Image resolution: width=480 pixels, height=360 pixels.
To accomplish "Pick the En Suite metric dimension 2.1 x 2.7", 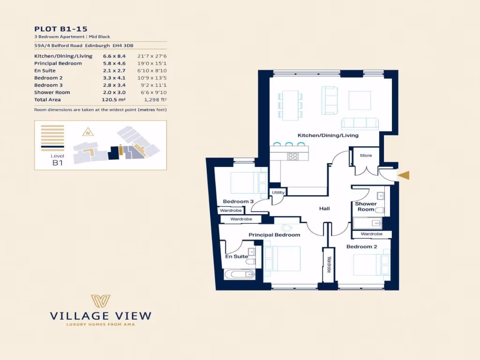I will click(114, 71).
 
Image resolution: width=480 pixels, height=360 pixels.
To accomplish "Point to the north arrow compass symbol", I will click(88, 132).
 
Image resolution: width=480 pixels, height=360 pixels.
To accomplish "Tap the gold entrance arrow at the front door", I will click(404, 175).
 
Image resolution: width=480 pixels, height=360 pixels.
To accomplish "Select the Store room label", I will click(366, 155).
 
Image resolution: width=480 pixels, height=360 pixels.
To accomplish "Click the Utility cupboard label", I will click(277, 193).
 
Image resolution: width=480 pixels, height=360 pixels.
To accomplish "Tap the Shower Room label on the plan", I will click(366, 206).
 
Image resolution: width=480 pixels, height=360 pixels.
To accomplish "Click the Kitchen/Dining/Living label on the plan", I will click(328, 135).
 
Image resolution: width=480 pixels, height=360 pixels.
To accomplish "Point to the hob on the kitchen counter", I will click(293, 157).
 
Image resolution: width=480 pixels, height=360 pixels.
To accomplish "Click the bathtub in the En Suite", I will click(239, 274).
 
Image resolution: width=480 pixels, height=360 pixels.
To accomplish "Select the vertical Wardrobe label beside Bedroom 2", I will click(329, 265).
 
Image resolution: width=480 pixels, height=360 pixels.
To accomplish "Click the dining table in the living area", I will click(290, 104).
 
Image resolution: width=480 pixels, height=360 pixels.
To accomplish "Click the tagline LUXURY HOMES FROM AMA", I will click(101, 324).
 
